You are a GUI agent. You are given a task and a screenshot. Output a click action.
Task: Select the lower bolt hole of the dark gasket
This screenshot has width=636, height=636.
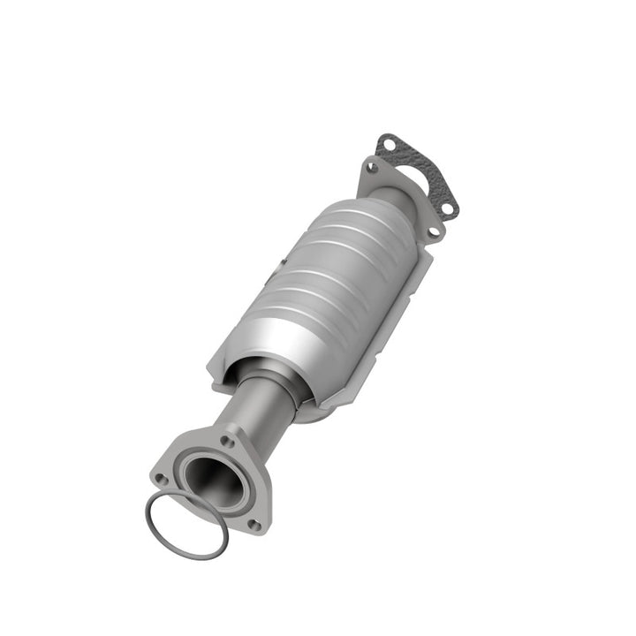pyautogui.click(x=449, y=208)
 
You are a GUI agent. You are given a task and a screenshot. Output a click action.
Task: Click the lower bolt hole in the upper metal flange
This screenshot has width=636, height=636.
pyautogui.click(x=433, y=231)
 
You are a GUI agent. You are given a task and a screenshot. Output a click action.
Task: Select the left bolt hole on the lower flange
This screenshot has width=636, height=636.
pyautogui.click(x=162, y=479)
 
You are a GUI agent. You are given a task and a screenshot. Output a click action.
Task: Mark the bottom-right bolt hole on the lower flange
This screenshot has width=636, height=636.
pyautogui.click(x=254, y=523)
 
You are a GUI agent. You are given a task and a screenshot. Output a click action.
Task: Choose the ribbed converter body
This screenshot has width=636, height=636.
pyautogui.click(x=327, y=283)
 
